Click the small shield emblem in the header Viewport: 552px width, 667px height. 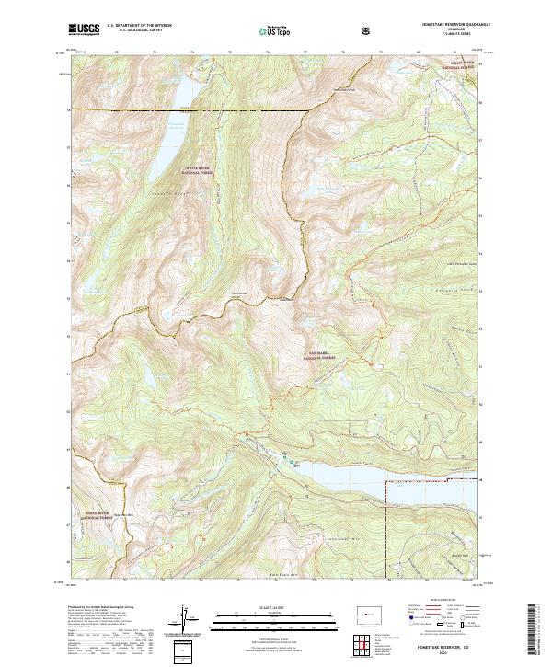click(368, 30)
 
